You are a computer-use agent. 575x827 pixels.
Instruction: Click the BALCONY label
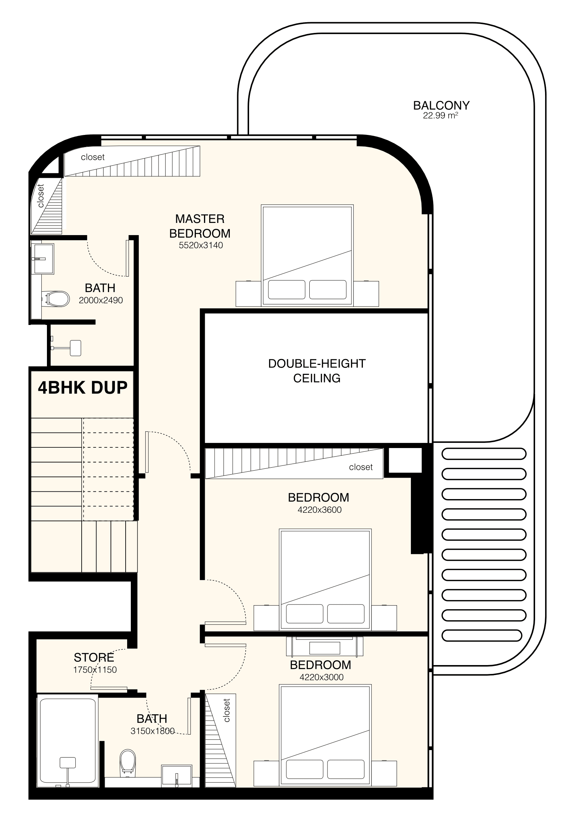(x=441, y=105)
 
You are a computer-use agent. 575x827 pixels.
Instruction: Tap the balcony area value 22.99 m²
(x=441, y=115)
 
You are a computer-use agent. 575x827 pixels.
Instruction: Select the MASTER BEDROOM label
(x=200, y=226)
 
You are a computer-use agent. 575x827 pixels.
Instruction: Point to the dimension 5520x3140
(x=201, y=245)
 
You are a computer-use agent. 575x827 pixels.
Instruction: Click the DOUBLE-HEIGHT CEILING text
(x=317, y=371)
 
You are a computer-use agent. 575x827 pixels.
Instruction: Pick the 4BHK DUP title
(x=83, y=387)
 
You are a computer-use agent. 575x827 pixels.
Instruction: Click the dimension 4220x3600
(x=319, y=510)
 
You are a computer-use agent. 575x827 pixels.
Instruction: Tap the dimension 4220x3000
(x=321, y=677)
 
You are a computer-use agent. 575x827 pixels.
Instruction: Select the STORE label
(x=94, y=657)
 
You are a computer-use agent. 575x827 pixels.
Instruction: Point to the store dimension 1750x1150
(x=95, y=670)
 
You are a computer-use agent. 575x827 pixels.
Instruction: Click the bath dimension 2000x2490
(x=101, y=300)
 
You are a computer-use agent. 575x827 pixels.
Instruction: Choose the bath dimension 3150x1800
(x=152, y=731)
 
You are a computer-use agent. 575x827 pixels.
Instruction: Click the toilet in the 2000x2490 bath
(x=56, y=299)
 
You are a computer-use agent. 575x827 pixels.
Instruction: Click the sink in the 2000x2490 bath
(x=42, y=258)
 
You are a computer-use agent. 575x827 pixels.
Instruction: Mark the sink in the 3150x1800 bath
(x=177, y=776)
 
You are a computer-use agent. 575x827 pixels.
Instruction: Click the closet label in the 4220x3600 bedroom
(x=361, y=467)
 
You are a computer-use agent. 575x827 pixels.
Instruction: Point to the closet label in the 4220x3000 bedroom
(x=227, y=710)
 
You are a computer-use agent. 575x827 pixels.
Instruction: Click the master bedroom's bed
(x=307, y=255)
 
